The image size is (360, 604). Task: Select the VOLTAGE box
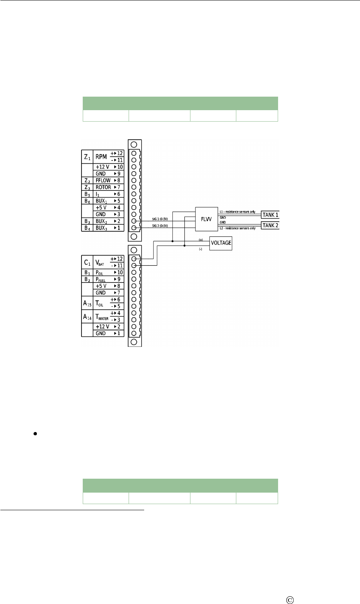tap(221, 243)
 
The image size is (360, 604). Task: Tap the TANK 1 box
tap(270, 215)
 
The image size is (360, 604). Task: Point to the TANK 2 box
tap(270, 225)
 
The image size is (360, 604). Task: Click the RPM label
tap(101, 156)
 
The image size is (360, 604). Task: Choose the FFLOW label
tap(102, 180)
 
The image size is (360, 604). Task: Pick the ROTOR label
tap(103, 187)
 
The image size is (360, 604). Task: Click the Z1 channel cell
tap(87, 156)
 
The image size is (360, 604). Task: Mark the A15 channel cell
tap(87, 303)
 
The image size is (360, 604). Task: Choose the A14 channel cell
tap(87, 317)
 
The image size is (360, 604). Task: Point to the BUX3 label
tap(102, 228)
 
